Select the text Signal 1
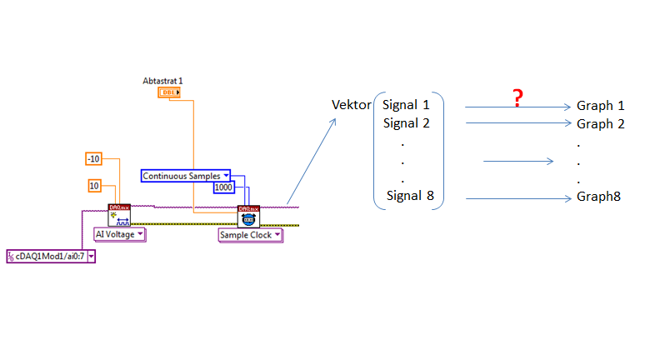(x=406, y=105)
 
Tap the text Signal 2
(x=406, y=123)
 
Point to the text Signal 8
(x=410, y=197)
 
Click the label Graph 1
(x=600, y=106)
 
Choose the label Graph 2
(x=600, y=124)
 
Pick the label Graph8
(x=598, y=197)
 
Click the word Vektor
(x=351, y=105)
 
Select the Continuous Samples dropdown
(x=186, y=176)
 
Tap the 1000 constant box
(x=223, y=187)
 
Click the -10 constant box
(x=95, y=158)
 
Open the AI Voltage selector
(x=119, y=234)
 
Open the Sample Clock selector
(x=250, y=235)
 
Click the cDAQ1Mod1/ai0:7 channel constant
(x=51, y=256)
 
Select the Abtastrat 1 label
(x=162, y=81)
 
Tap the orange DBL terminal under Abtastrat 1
(x=167, y=92)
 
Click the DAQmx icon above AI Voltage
(x=119, y=215)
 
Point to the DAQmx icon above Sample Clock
(x=248, y=217)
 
